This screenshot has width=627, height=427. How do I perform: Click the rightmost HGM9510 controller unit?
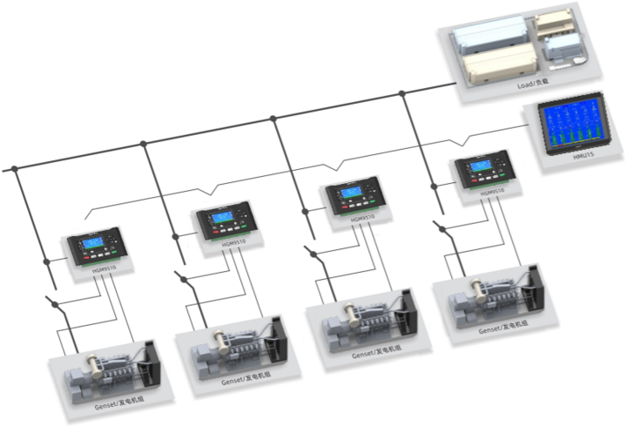click(483, 171)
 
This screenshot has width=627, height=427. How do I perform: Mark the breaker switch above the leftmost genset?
click(57, 304)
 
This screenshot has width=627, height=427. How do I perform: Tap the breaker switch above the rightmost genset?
click(445, 228)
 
